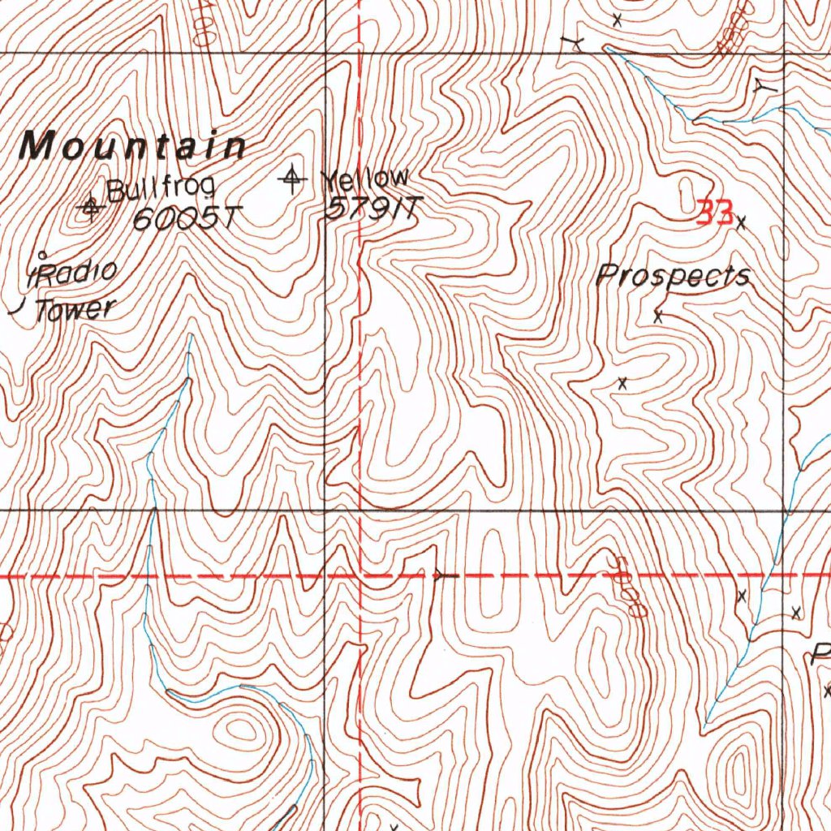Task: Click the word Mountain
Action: coord(134,147)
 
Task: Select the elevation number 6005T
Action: coord(187,217)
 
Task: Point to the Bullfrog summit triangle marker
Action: coord(90,209)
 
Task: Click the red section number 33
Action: coord(715,213)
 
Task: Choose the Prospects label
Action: coord(673,276)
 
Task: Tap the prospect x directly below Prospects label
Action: coord(658,316)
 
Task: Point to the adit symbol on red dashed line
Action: coord(442,575)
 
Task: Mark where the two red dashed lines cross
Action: coord(360,575)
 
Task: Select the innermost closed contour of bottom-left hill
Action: coord(240,729)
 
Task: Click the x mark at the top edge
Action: coord(617,19)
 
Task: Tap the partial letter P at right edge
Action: coord(821,654)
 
